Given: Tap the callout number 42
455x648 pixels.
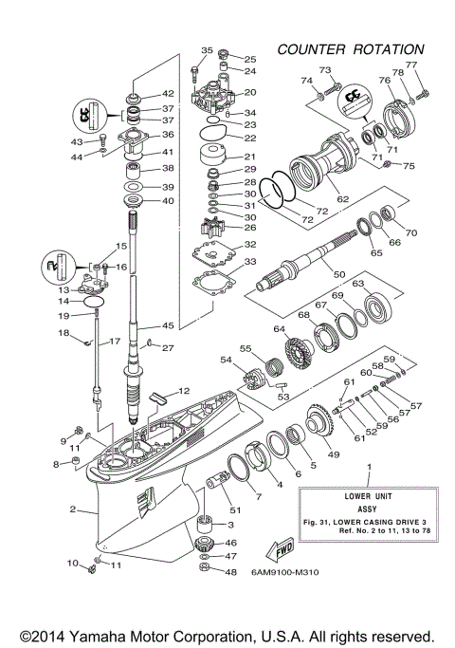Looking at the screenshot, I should pos(168,93).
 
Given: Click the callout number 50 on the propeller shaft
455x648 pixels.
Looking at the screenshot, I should pos(338,273).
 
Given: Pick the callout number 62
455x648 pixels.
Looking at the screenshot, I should pos(342,199).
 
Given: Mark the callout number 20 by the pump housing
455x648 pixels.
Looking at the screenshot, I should pos(250,93).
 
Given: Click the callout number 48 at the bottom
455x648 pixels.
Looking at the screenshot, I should pos(230,572).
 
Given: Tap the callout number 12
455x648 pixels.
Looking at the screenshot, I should pos(184,390).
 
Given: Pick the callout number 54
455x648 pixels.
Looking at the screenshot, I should pos(225,361).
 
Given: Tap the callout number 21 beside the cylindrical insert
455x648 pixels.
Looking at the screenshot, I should pos(250,157).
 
